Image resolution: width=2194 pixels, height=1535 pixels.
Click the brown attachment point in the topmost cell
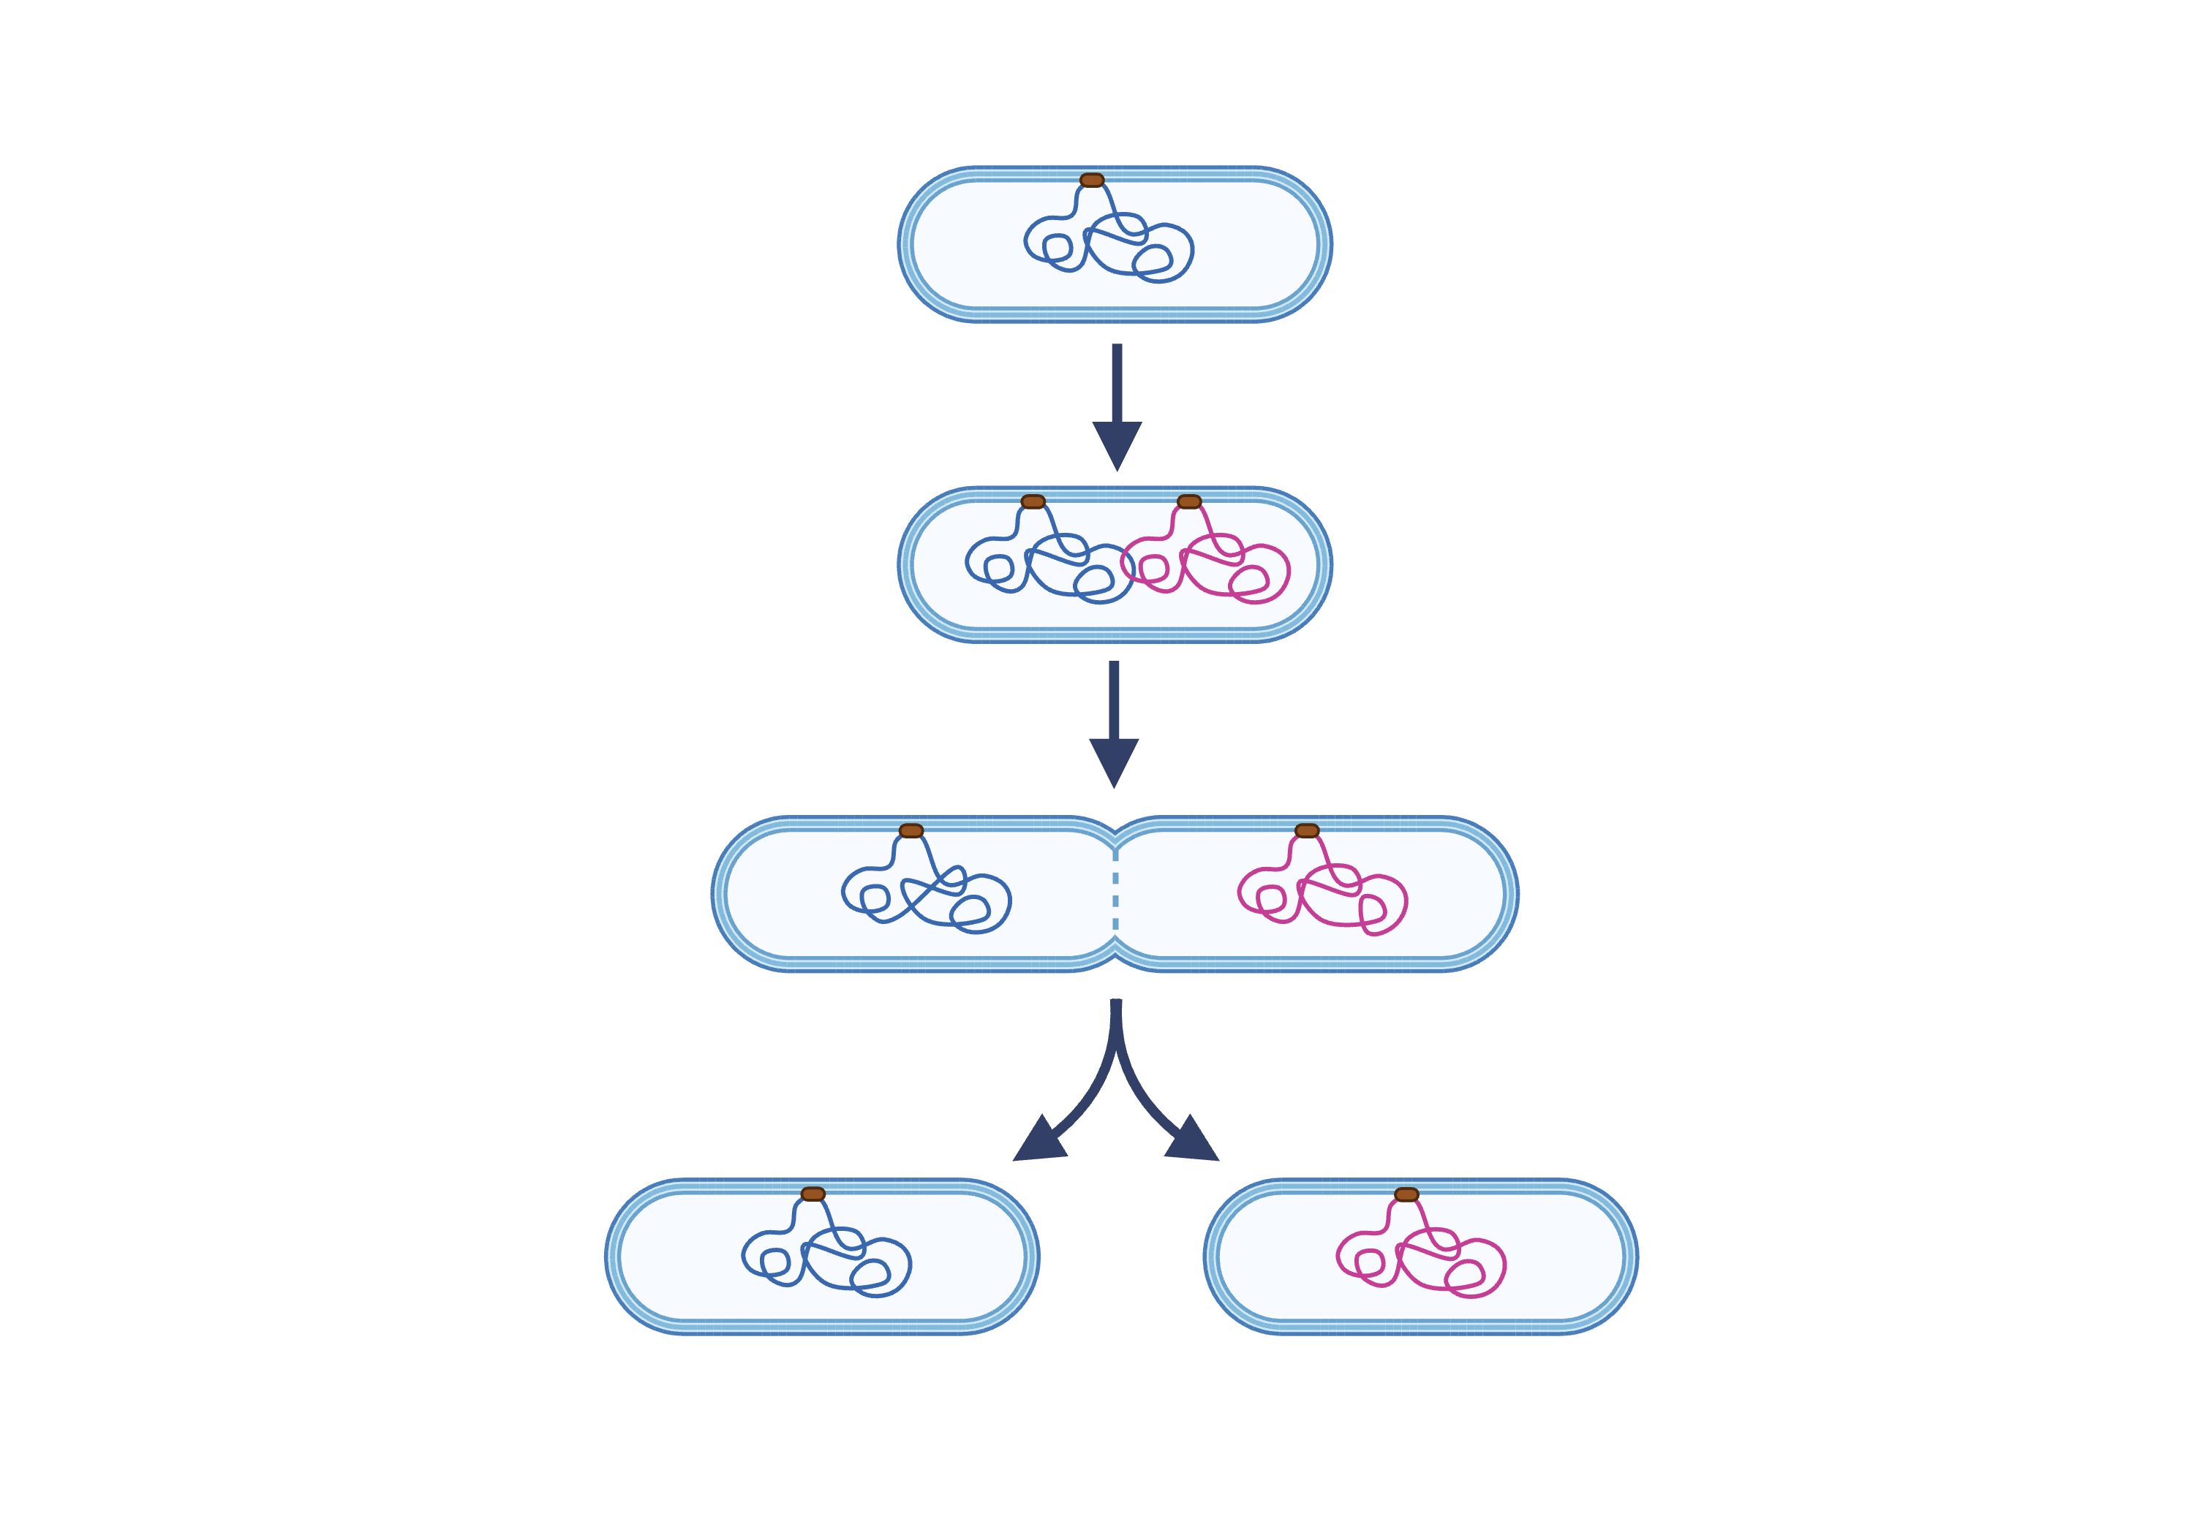pyautogui.click(x=1091, y=181)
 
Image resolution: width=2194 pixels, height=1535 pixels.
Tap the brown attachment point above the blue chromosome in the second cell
pyautogui.click(x=1033, y=501)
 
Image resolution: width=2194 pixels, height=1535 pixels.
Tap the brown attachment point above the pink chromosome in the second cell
pyautogui.click(x=1188, y=501)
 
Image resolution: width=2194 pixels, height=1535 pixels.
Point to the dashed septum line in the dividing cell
pyautogui.click(x=1115, y=893)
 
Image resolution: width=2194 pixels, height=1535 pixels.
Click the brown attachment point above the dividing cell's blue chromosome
pyautogui.click(x=911, y=830)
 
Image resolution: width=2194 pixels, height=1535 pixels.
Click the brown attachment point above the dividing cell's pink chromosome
pyautogui.click(x=1306, y=830)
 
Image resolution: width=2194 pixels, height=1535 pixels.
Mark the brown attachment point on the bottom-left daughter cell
pyautogui.click(x=813, y=1194)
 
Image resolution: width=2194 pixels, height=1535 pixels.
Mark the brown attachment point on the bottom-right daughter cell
pyautogui.click(x=1406, y=1194)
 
